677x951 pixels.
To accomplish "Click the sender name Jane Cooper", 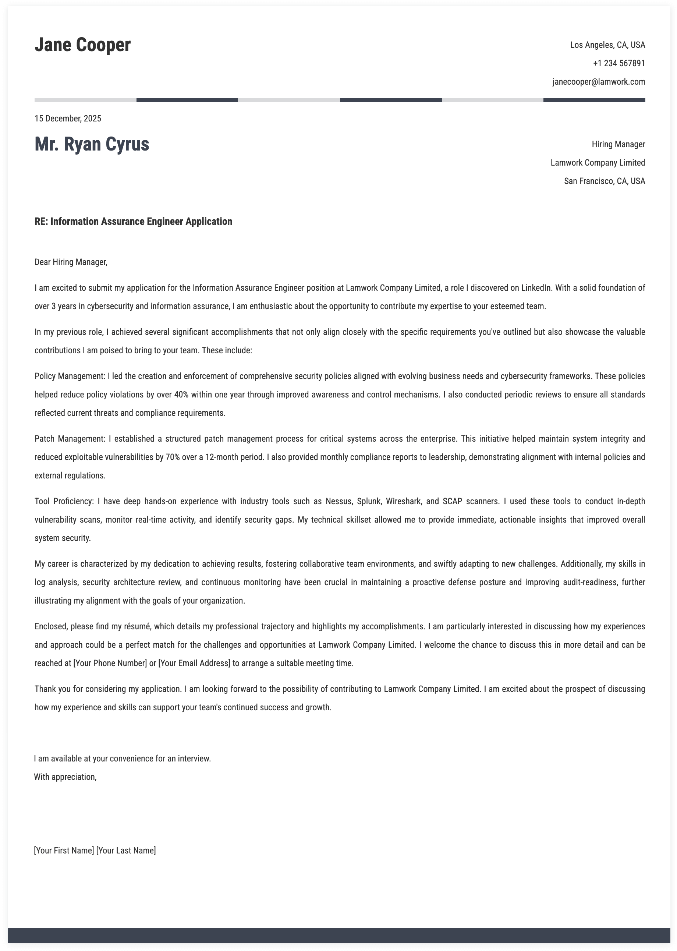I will click(x=82, y=45).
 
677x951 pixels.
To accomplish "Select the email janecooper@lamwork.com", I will click(x=599, y=82).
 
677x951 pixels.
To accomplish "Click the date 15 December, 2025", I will click(x=68, y=119).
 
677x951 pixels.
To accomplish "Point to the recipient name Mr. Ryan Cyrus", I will click(x=92, y=144).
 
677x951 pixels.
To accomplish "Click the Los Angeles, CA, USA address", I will click(x=607, y=45).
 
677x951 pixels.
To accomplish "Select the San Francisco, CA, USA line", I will click(x=604, y=181).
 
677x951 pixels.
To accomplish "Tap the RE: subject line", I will click(x=134, y=222).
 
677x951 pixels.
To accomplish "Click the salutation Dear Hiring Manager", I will click(x=71, y=262).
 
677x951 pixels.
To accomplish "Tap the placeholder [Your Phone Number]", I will click(x=110, y=663).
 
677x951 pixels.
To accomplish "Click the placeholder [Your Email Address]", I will click(x=194, y=663).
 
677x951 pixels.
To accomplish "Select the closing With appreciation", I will click(x=65, y=777).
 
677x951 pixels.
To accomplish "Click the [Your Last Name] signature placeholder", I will click(x=126, y=850).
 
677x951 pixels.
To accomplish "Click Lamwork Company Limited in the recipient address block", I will click(x=598, y=163).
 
